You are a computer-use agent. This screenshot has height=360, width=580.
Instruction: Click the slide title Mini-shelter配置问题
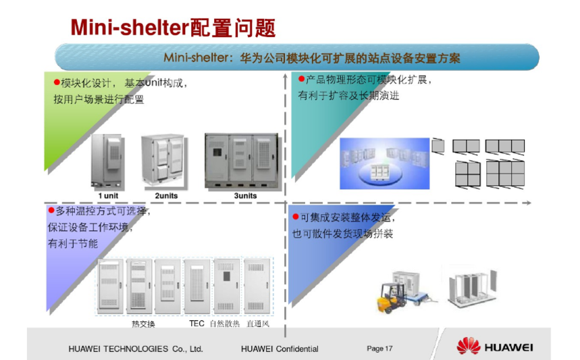(173, 28)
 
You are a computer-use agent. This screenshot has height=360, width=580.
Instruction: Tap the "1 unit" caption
(108, 196)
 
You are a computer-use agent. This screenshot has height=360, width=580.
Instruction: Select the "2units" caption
(166, 196)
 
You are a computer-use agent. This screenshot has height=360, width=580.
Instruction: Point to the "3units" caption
(245, 196)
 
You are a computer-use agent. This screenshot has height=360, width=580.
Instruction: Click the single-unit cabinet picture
(107, 161)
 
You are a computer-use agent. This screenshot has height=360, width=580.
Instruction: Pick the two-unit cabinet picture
(164, 160)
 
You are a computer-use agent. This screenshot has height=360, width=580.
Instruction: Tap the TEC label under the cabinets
(196, 324)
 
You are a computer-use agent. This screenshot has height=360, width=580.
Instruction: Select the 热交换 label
(143, 324)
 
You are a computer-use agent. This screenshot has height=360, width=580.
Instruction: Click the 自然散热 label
(225, 324)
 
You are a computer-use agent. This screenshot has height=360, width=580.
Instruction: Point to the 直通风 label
(258, 324)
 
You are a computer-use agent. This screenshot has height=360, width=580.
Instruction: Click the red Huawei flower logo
(469, 346)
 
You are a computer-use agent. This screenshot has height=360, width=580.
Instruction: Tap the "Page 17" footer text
(379, 348)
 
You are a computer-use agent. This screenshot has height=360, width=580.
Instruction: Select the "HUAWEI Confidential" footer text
(280, 349)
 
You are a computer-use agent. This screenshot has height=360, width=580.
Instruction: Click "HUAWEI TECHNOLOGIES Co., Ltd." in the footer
(136, 349)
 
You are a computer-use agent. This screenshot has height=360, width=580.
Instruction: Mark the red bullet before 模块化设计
(57, 82)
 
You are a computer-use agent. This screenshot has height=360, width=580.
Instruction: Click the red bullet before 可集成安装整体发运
(296, 216)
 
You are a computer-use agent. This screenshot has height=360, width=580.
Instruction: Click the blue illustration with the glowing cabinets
(385, 163)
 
